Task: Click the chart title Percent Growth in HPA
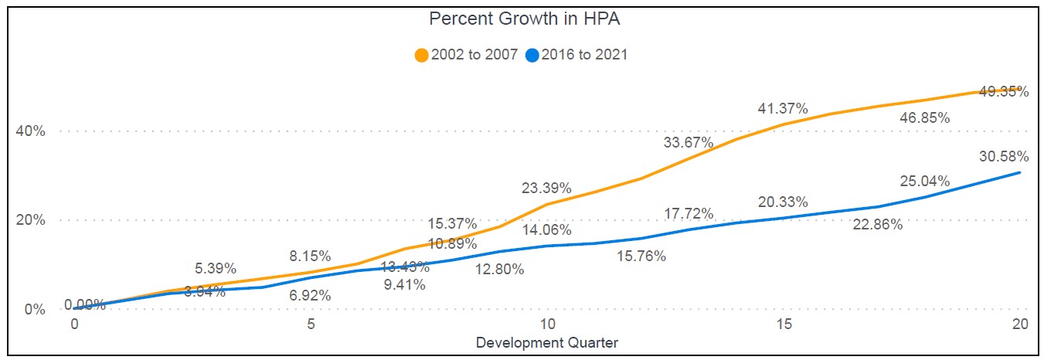tap(525, 20)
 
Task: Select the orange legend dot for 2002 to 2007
tap(422, 55)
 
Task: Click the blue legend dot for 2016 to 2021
tap(532, 55)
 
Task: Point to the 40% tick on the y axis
tap(31, 131)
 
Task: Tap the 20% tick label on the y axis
tap(31, 220)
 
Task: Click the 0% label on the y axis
tap(35, 310)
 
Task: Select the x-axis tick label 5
tap(311, 325)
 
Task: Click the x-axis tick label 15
tap(784, 325)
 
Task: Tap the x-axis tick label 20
tap(1020, 325)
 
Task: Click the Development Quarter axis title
tap(547, 341)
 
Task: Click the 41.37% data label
tap(781, 108)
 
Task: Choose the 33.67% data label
tap(688, 142)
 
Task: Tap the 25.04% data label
tap(924, 182)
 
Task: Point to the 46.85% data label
tap(924, 118)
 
